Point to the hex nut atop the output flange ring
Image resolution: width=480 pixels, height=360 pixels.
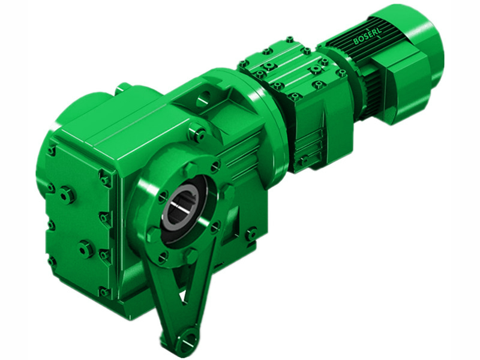point(190,169)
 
